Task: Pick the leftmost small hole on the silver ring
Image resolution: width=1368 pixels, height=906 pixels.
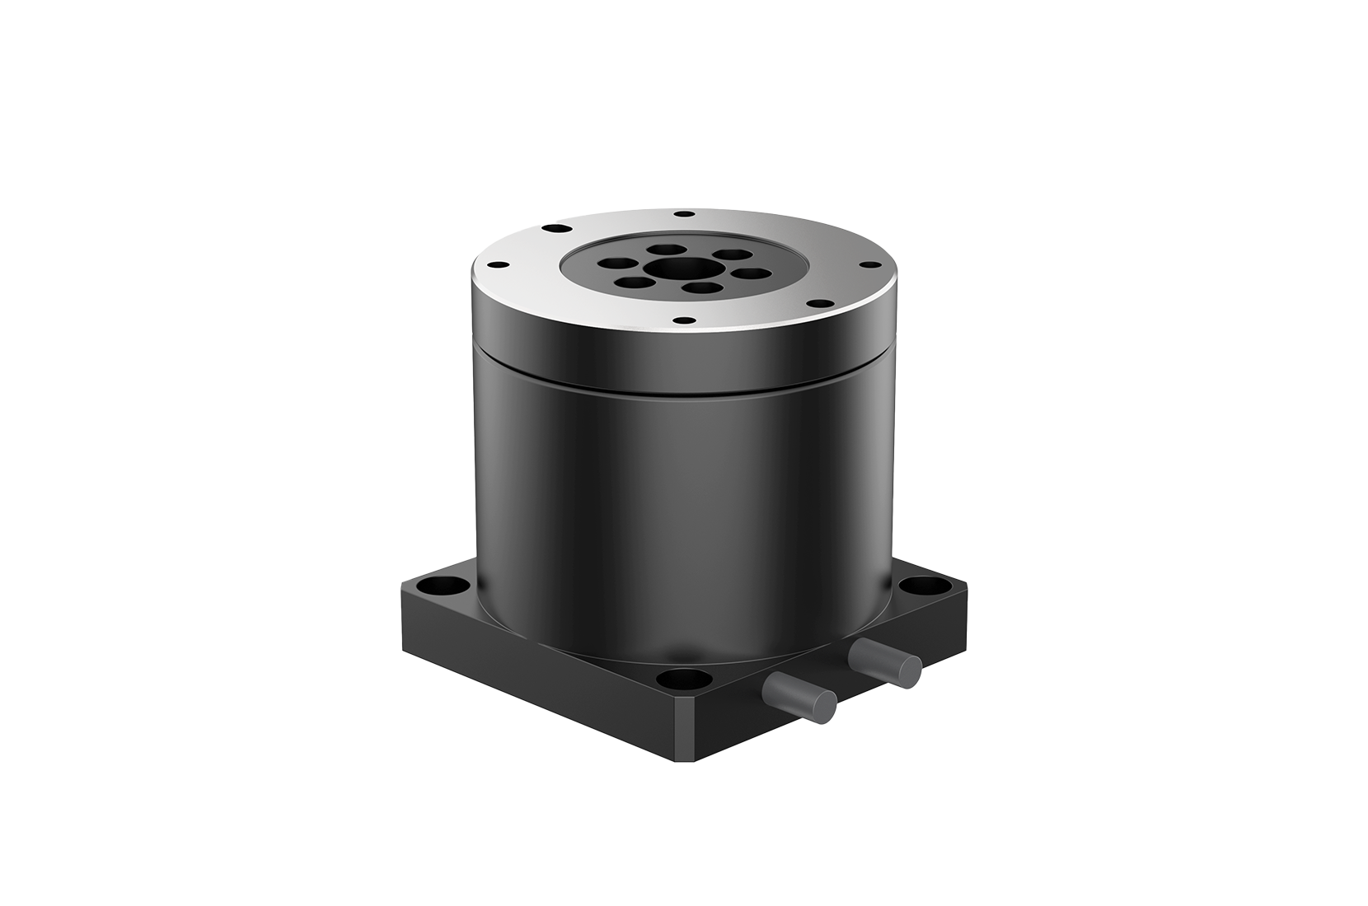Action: coord(498,265)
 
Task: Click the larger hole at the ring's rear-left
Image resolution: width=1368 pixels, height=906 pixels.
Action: coord(555,226)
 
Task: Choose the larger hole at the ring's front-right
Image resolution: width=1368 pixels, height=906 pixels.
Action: coord(816,304)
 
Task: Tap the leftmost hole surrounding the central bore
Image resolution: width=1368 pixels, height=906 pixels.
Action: coord(616,264)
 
